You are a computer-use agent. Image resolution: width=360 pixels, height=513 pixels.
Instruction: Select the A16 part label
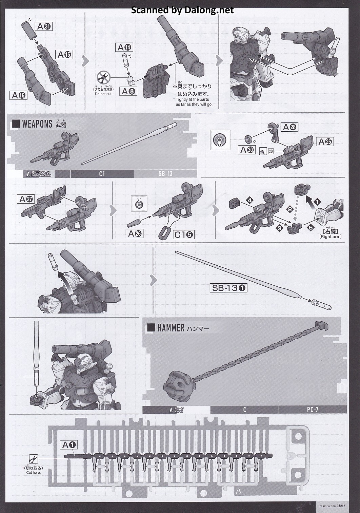click(x=19, y=96)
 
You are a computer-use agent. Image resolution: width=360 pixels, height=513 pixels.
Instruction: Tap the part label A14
click(x=124, y=47)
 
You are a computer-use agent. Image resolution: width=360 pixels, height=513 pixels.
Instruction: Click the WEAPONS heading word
click(x=37, y=124)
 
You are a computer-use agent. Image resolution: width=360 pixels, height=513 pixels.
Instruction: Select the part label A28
click(x=290, y=127)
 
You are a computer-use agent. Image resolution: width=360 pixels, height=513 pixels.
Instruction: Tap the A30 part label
click(x=247, y=150)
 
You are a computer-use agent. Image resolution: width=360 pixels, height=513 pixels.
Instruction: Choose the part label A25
click(x=325, y=142)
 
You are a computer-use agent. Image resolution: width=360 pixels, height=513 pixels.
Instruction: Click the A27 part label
click(x=26, y=199)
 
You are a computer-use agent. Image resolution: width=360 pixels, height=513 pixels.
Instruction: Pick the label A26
click(x=135, y=234)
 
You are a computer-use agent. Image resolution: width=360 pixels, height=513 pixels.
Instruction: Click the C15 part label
click(x=184, y=234)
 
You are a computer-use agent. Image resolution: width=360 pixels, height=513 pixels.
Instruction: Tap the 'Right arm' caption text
click(x=330, y=236)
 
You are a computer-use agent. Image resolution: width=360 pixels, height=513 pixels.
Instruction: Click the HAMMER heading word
click(x=171, y=328)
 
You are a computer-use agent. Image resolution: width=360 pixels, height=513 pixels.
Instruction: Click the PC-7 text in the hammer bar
click(x=313, y=410)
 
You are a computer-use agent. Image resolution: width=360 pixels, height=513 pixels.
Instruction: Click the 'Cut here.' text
click(x=33, y=473)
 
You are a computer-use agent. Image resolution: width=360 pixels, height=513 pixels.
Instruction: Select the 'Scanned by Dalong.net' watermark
click(x=182, y=10)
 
